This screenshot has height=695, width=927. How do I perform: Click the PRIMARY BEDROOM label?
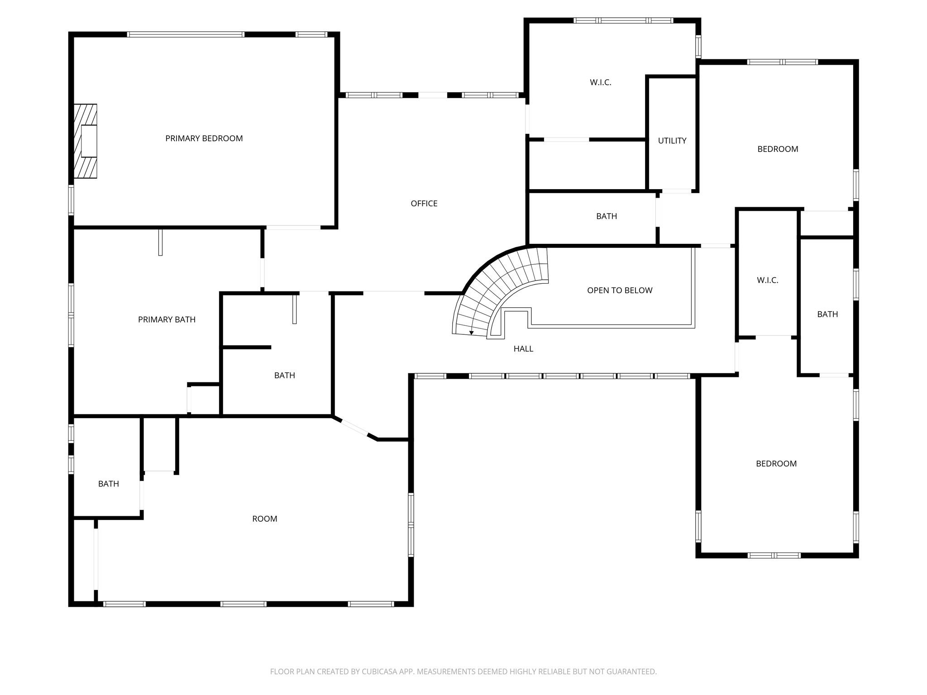(x=204, y=138)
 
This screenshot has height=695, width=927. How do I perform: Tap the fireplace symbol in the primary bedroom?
(x=86, y=141)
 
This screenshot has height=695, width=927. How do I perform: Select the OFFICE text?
(x=424, y=204)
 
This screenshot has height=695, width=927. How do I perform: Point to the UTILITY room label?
(x=672, y=141)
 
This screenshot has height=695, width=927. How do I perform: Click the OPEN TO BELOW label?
(x=619, y=290)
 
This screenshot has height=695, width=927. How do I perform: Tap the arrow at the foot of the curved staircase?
(x=471, y=333)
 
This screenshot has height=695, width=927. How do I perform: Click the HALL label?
(x=523, y=349)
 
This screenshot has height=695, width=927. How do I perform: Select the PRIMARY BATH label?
(x=167, y=319)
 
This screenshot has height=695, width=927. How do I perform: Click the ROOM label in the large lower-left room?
(x=264, y=519)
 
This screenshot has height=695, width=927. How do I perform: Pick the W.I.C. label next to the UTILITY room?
(x=600, y=82)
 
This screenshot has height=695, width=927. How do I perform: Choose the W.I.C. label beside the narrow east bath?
(x=767, y=281)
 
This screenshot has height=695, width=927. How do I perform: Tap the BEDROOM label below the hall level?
(x=776, y=464)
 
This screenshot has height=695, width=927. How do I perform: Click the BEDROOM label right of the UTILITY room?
(x=777, y=149)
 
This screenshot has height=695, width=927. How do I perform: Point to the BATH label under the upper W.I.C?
(x=606, y=216)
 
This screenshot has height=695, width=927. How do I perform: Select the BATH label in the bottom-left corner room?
(x=108, y=484)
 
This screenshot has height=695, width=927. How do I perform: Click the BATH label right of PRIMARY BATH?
(x=284, y=376)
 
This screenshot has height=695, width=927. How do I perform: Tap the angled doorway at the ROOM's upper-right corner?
(x=354, y=428)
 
